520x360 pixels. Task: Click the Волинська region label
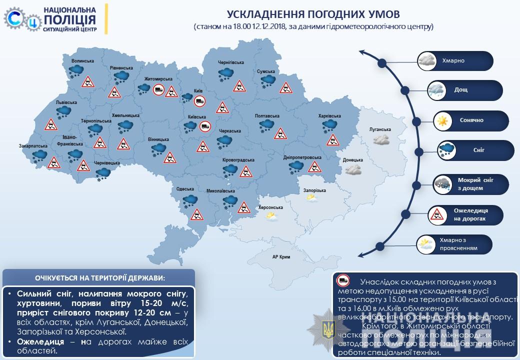tap(82, 61)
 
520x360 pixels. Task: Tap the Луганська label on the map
tap(380, 129)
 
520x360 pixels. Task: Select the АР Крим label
tap(281, 256)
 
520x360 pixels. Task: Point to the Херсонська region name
tap(271, 207)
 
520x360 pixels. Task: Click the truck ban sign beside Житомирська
tap(158, 90)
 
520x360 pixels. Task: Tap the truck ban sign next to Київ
tap(199, 101)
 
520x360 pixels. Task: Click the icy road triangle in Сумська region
tap(285, 88)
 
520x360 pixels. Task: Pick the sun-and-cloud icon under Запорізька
tap(312, 198)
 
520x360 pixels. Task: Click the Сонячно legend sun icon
tap(442, 120)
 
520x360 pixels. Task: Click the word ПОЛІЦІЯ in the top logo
tap(70, 19)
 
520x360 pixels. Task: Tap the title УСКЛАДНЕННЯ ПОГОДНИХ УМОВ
tap(314, 13)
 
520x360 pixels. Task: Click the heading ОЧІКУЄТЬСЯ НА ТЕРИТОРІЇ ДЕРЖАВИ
tap(99, 277)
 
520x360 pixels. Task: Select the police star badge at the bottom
tap(328, 329)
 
